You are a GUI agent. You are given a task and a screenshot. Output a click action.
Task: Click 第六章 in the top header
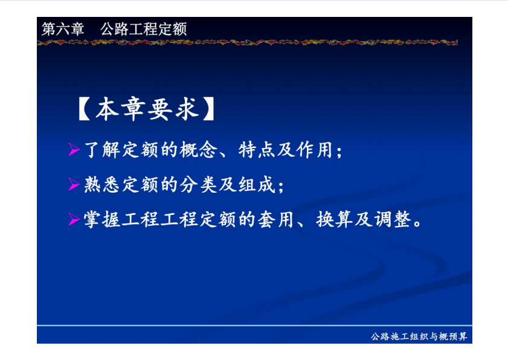[x=63, y=29]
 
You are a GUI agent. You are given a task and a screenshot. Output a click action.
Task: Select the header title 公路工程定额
[x=144, y=29]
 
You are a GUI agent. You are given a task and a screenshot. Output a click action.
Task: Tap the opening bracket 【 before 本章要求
[x=84, y=109]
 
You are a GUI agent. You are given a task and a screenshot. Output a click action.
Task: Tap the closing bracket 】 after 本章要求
[x=209, y=109]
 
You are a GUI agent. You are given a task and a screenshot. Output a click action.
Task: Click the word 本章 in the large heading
[x=120, y=109]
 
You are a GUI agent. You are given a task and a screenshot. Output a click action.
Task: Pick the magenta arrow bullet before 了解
[x=74, y=149]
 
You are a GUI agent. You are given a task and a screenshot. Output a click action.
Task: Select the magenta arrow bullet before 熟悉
[x=74, y=184]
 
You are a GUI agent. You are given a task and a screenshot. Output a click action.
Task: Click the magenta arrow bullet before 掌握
[x=74, y=219]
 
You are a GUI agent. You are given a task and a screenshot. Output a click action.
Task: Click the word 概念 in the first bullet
[x=198, y=150]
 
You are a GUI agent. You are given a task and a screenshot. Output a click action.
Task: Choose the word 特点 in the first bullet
[x=257, y=150]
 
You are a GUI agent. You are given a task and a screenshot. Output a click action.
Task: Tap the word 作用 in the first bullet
[x=315, y=150]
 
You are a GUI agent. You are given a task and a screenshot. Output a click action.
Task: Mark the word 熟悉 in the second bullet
[x=101, y=185]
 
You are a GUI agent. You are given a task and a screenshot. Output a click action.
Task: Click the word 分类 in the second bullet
[x=198, y=185]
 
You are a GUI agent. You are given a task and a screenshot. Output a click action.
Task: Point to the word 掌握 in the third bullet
[x=101, y=220]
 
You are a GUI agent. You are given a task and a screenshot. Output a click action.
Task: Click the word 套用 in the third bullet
[x=275, y=220]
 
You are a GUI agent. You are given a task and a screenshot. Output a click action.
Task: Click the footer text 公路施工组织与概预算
[x=419, y=336]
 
